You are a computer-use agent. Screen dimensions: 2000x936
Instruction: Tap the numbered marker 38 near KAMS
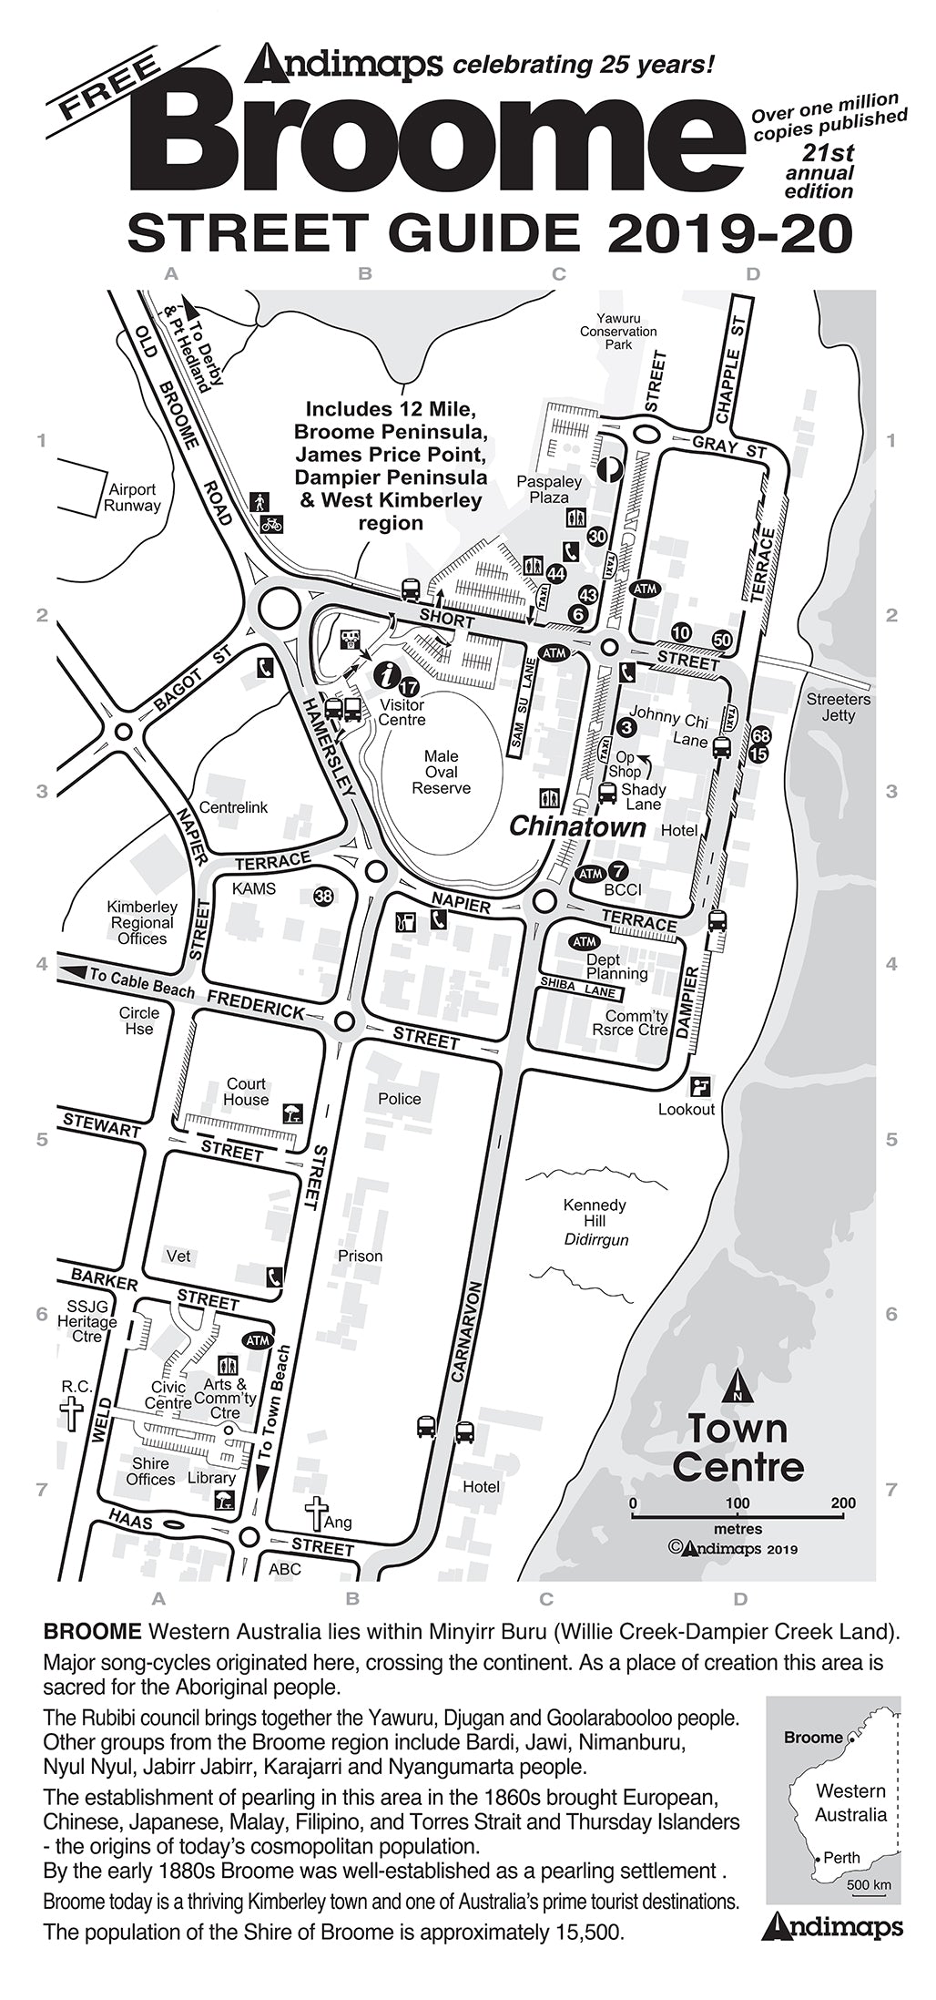323,897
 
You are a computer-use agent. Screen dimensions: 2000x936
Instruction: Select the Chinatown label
576,827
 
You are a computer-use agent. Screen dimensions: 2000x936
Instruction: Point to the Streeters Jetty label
838,708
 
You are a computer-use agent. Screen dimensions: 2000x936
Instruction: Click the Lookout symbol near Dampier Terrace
700,1086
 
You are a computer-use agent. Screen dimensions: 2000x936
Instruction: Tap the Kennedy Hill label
595,1213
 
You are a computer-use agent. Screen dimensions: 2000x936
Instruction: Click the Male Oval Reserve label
442,772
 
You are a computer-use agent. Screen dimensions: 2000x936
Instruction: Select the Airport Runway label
133,497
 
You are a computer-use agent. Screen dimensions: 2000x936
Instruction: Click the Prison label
360,1256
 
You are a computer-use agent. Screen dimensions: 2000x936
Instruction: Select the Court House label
246,1092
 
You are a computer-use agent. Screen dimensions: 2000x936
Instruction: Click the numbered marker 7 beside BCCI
616,871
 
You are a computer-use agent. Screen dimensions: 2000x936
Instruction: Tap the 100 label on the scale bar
738,1503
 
